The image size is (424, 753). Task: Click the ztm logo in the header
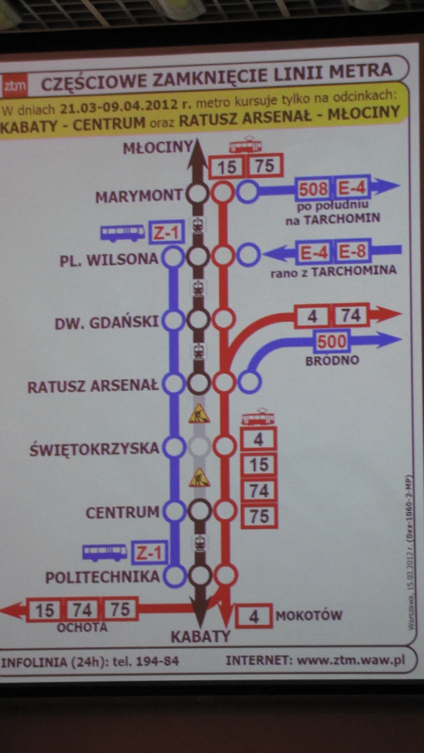(x=14, y=87)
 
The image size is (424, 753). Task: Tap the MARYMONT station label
(x=138, y=197)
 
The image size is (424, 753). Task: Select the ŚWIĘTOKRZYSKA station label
(x=94, y=450)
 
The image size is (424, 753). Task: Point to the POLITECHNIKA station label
(x=102, y=577)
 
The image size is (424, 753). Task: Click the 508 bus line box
(x=313, y=188)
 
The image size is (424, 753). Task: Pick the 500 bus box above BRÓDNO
(x=332, y=342)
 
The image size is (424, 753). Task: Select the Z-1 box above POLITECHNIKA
(x=151, y=553)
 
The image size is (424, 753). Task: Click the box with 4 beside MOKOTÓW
(x=254, y=616)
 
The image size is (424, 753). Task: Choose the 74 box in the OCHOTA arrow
(x=82, y=610)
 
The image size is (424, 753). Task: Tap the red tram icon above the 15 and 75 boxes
(x=245, y=146)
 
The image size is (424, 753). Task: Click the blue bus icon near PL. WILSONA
(x=123, y=233)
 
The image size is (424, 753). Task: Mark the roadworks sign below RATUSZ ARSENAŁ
(x=199, y=414)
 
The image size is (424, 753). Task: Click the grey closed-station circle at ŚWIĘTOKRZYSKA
(x=199, y=447)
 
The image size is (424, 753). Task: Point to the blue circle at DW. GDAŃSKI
(x=173, y=320)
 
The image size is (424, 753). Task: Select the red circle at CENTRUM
(x=224, y=510)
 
